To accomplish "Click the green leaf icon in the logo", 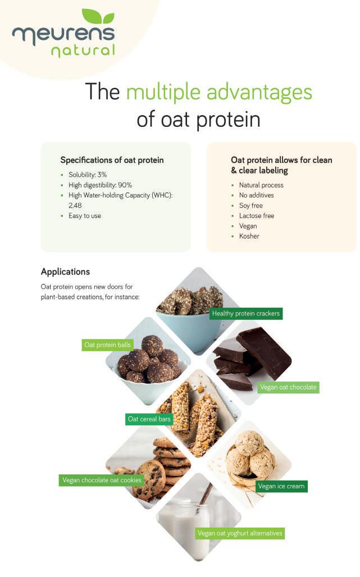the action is point(98,17).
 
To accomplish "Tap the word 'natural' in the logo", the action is point(83,51).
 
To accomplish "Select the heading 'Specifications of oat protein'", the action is point(112,160).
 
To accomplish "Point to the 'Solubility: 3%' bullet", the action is point(88,175).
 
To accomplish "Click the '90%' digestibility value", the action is point(125,185).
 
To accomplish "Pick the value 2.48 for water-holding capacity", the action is point(75,205).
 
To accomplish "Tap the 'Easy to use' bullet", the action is point(85,216).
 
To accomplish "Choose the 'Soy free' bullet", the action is point(251,205).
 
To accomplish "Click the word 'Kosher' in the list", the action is point(249,236).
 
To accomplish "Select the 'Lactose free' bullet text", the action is point(257,216).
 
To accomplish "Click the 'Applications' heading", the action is point(66,272).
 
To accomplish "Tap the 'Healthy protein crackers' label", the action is point(246,314).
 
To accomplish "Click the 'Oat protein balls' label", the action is point(107,345).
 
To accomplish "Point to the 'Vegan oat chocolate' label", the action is point(288,387).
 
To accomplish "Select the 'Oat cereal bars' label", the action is point(149,419).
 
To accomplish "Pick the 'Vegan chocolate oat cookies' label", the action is point(102,480).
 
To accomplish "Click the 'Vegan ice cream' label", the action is point(281,486).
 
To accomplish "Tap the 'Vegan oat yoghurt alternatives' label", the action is point(240,533).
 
